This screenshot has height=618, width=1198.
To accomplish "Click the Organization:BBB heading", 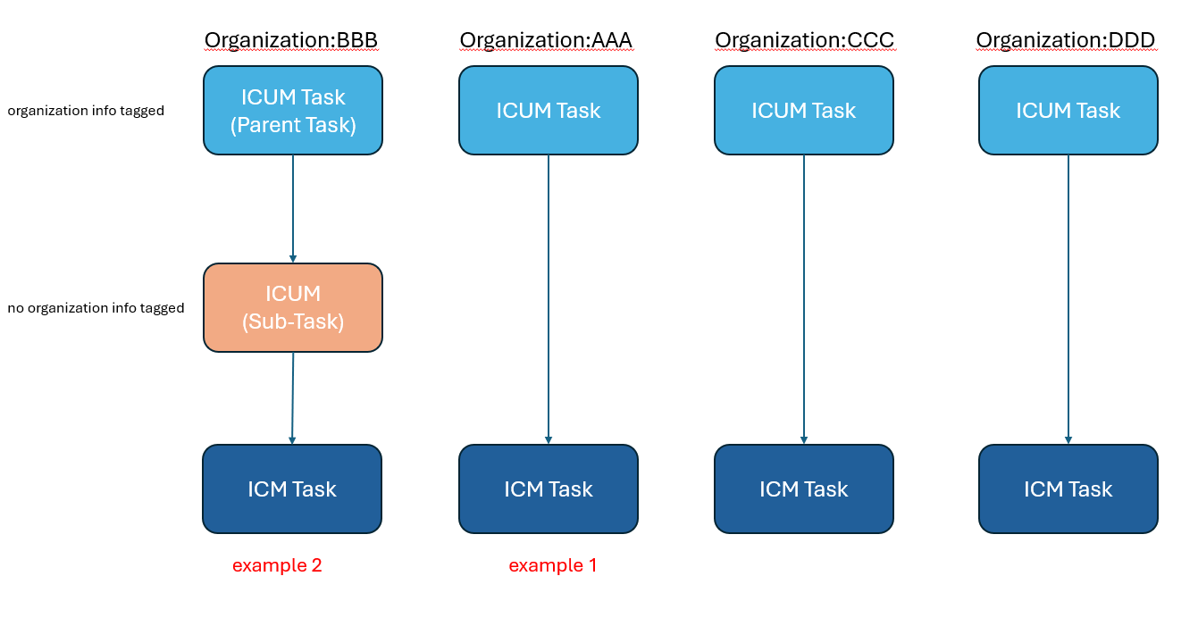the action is tap(291, 40).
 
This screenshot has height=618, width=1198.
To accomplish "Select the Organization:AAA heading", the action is tap(546, 40).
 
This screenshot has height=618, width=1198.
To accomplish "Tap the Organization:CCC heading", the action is tap(804, 40).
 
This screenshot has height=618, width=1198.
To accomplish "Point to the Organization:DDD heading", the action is tap(1066, 40).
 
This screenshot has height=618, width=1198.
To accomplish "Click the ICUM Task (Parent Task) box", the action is tap(293, 111).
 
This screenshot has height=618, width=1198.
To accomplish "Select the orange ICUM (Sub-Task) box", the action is tap(293, 307).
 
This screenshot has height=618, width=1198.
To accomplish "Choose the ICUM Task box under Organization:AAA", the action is tap(549, 111).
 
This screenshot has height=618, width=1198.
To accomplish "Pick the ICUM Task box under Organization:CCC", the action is tap(804, 111).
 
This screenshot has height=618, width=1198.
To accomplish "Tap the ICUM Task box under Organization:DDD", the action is tap(1068, 111).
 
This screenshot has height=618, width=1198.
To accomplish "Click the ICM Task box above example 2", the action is tap(292, 489).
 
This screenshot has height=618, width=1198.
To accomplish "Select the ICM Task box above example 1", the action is tap(549, 489).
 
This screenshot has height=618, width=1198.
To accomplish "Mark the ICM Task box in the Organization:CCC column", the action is tap(804, 489).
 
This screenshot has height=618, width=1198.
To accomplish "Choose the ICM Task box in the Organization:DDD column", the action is tap(1068, 489).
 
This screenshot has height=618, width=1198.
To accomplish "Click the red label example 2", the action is tap(277, 565).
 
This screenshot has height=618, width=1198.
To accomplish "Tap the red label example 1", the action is tap(552, 565).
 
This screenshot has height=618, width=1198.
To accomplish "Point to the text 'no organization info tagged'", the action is tap(96, 308).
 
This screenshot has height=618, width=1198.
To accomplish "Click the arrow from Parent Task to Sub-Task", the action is tap(293, 209).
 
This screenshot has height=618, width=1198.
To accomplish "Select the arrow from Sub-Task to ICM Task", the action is tap(292, 398).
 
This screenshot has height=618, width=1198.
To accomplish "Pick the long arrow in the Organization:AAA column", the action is tap(549, 299).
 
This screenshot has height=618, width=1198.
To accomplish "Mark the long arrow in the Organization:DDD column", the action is tap(1068, 299).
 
